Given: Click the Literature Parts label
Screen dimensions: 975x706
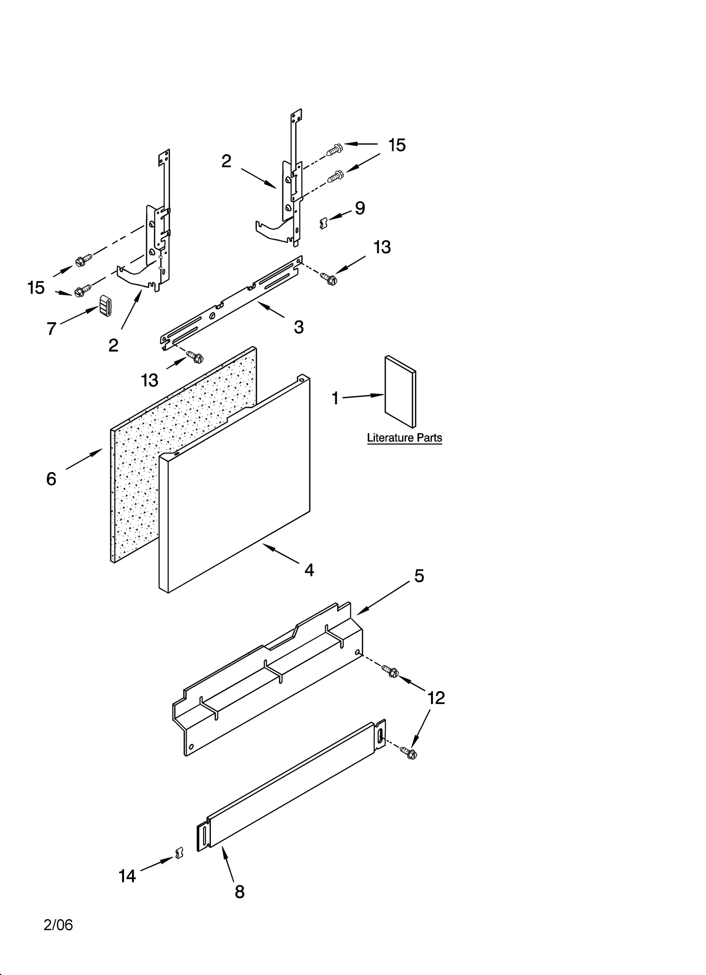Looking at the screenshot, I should coord(404,438).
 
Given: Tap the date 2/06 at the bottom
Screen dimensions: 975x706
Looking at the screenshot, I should coord(58,925).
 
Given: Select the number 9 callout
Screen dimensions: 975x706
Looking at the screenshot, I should coord(360,208).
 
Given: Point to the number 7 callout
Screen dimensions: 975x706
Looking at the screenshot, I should coord(51,328).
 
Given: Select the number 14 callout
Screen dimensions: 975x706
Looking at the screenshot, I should coord(127,876).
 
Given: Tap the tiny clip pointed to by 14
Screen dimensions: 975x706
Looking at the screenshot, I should coord(179,854).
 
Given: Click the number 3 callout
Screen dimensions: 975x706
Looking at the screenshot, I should coord(299,327).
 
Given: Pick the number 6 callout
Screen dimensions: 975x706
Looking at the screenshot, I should coord(51,479).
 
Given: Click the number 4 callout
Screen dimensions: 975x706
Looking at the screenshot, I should coord(309,570).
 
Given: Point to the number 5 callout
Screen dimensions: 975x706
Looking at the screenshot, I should coord(419,576).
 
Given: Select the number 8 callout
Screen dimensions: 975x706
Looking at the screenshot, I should coord(239,892).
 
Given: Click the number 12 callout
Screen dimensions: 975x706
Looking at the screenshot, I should coord(436,698).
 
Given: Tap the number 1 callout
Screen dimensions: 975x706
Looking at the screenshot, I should coord(335,399).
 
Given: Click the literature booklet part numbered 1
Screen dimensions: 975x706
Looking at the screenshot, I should coord(399,392).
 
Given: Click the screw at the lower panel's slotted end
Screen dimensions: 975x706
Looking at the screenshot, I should coord(409,753).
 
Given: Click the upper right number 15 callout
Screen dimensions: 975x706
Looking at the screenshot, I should coord(397,145).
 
